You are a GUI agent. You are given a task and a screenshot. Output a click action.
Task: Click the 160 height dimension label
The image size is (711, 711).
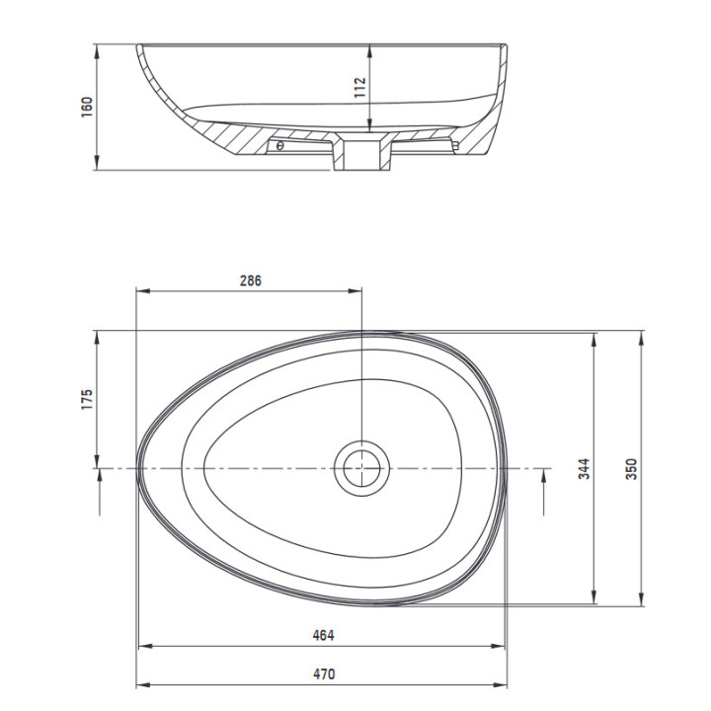[87, 107]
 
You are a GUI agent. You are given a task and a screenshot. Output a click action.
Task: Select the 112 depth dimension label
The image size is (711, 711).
[359, 88]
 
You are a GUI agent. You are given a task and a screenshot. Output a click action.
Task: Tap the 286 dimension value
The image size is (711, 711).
[251, 280]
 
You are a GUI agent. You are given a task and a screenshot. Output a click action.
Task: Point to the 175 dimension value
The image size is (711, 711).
[87, 400]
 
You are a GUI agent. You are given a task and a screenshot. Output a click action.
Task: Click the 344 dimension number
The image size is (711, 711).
[584, 468]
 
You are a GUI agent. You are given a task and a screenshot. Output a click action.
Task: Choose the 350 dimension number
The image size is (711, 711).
[631, 469]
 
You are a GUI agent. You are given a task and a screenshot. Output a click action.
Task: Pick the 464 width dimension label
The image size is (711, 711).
[323, 635]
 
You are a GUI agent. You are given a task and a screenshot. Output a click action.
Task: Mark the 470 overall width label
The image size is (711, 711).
[324, 674]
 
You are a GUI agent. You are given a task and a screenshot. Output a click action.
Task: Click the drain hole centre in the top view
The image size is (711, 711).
[361, 468]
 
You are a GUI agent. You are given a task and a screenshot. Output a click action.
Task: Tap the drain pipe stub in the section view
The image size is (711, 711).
[361, 155]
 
